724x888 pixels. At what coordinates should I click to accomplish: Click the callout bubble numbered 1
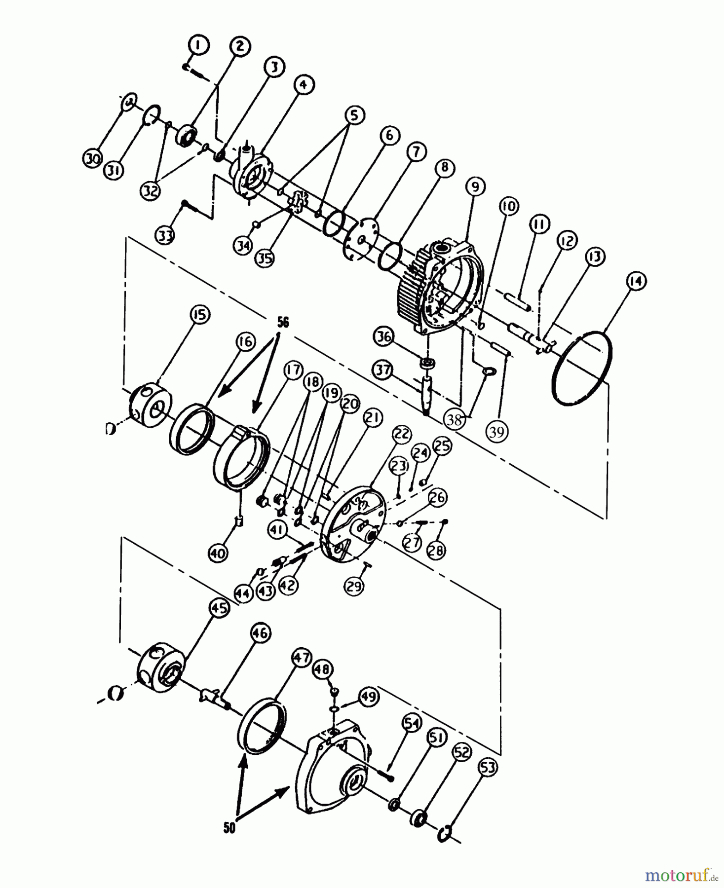click(x=199, y=45)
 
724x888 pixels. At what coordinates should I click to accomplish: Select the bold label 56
click(x=283, y=322)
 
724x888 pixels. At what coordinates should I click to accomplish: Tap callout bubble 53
click(x=488, y=768)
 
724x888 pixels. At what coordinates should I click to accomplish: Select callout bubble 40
click(x=218, y=553)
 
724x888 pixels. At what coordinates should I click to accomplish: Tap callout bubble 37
click(x=383, y=370)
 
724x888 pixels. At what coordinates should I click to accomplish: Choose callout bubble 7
click(x=416, y=152)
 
